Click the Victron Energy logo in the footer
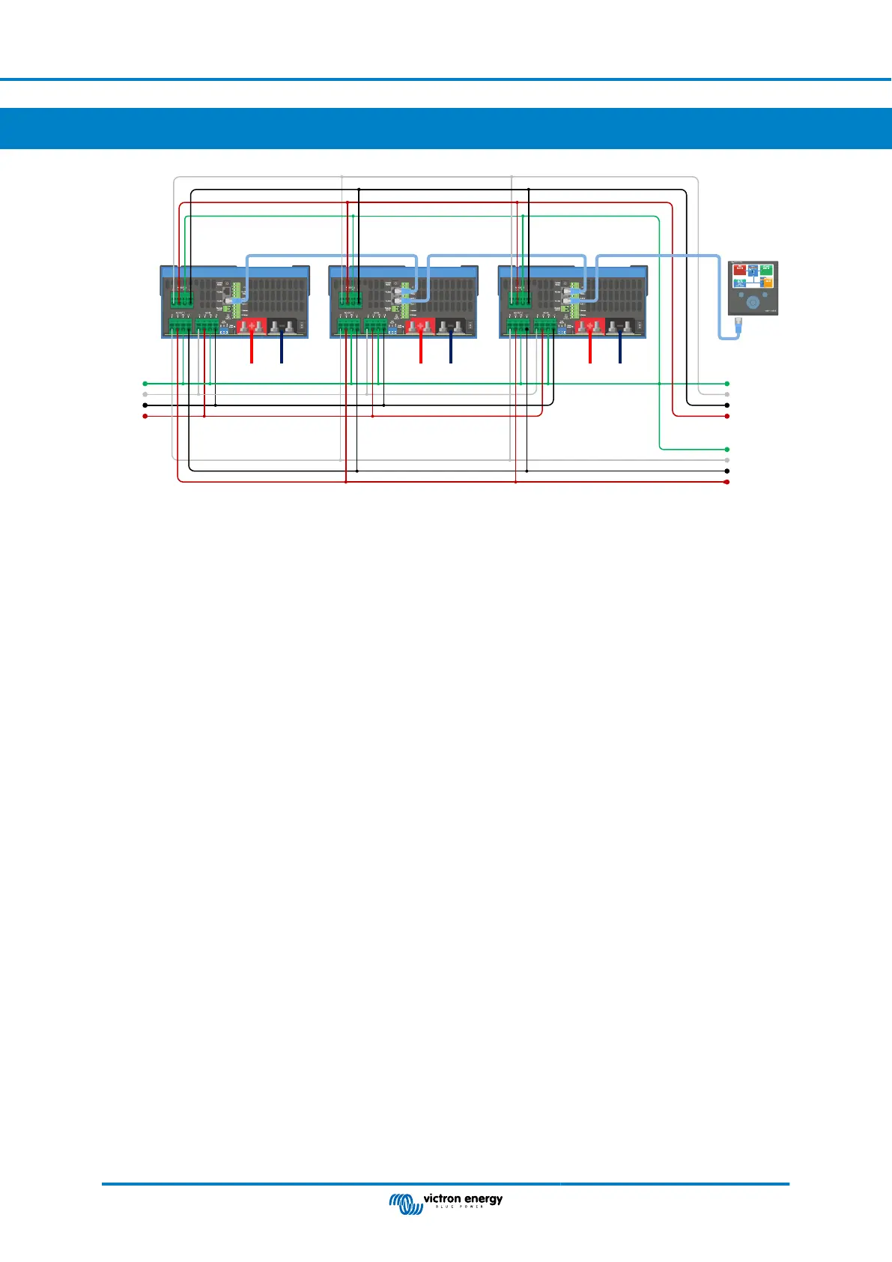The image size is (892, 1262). tap(446, 1201)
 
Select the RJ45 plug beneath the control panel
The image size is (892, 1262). tap(738, 326)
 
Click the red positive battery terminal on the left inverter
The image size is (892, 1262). tap(252, 327)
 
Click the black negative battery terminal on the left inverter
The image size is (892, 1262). tap(282, 327)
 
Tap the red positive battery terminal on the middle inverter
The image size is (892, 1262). tap(421, 327)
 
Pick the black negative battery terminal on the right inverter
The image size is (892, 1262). tap(621, 327)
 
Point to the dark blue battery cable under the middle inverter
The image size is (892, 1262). tap(450, 350)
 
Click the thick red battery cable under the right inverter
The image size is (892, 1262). tap(590, 350)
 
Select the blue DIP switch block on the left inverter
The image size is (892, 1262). tap(224, 330)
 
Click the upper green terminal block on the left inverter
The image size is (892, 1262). tap(181, 298)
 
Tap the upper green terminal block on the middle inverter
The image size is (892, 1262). tap(351, 298)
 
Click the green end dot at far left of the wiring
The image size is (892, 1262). tap(145, 384)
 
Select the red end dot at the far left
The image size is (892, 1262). tap(145, 416)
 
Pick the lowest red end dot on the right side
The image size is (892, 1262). tap(727, 482)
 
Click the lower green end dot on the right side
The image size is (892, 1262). tap(727, 449)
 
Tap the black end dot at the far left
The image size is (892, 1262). tap(145, 405)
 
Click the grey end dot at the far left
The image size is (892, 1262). tap(145, 394)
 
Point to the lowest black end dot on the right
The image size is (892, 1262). tap(727, 471)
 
